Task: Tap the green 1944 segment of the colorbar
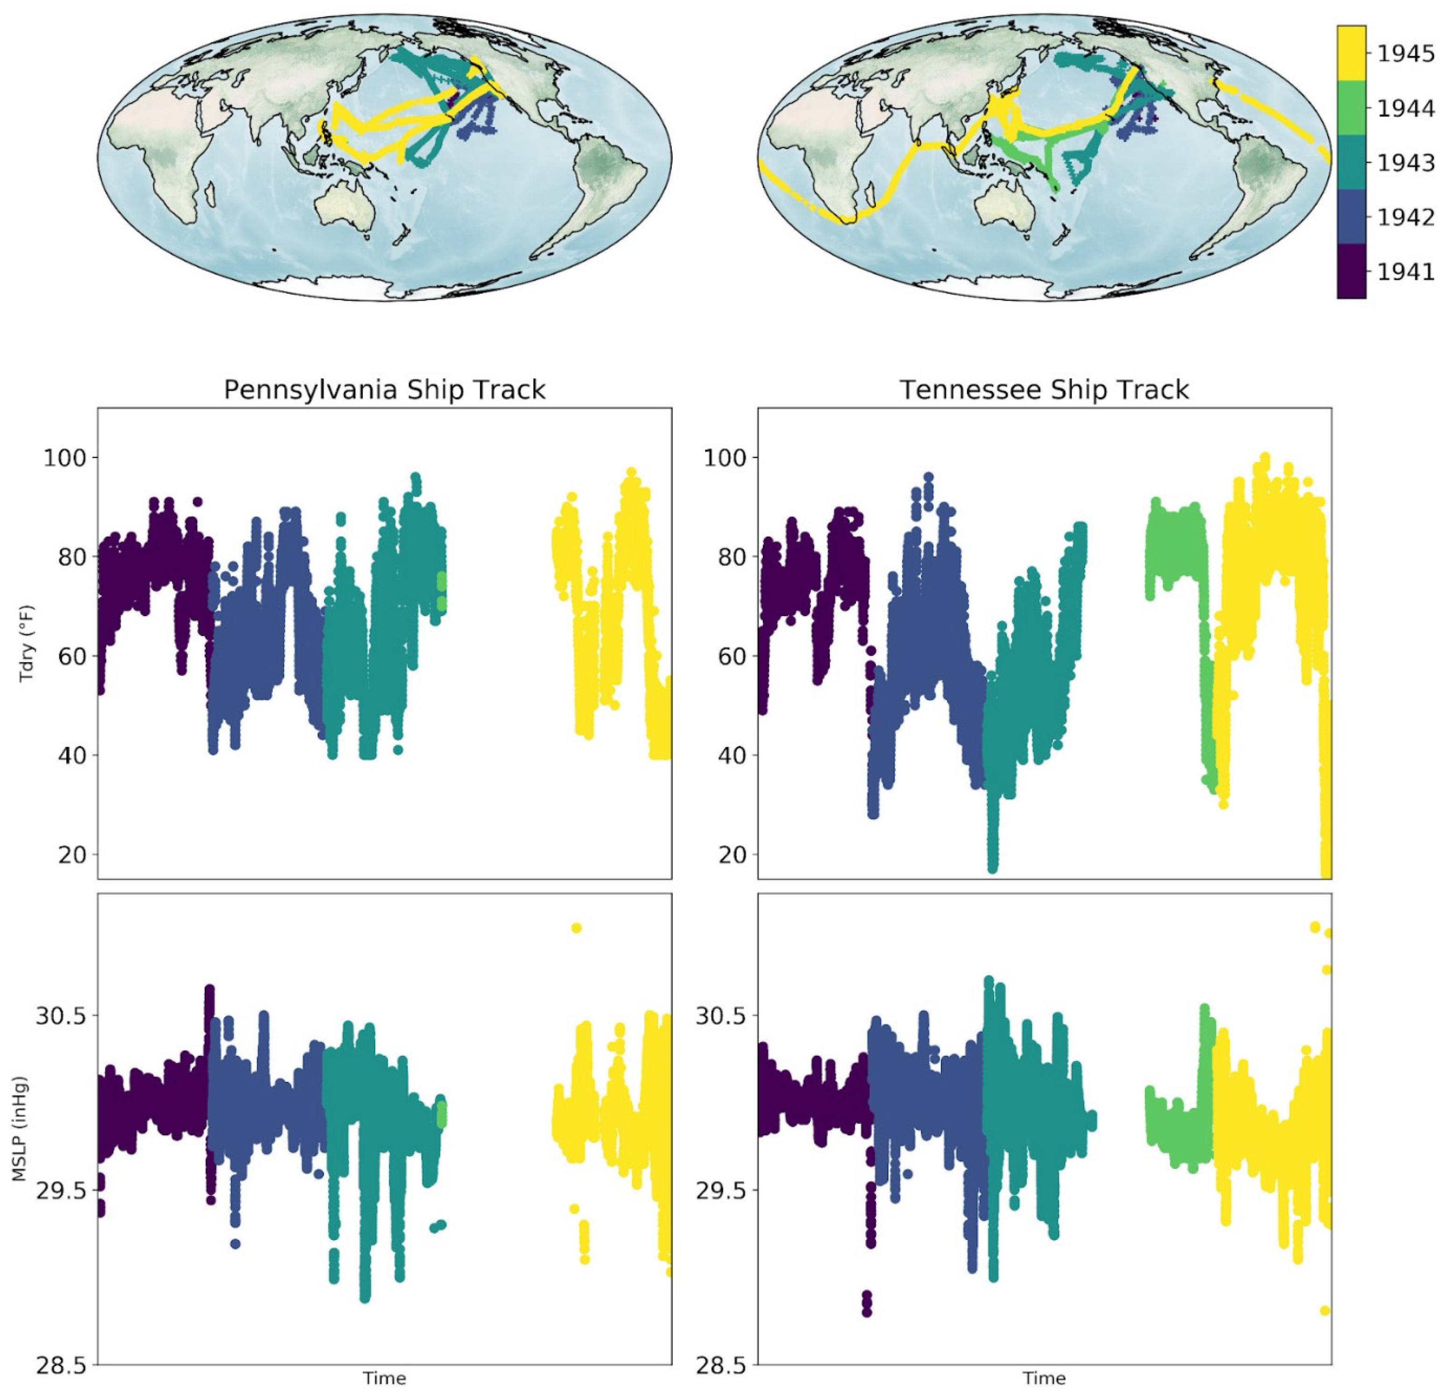pyautogui.click(x=1351, y=108)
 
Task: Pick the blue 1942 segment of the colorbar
pyautogui.click(x=1351, y=217)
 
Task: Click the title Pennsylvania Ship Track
pyautogui.click(x=384, y=389)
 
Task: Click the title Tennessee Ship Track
pyautogui.click(x=1044, y=389)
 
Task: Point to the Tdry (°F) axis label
pyautogui.click(x=27, y=644)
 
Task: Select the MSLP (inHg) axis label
pyautogui.click(x=20, y=1129)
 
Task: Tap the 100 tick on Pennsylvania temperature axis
pyautogui.click(x=64, y=458)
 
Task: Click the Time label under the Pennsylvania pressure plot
pyautogui.click(x=384, y=1378)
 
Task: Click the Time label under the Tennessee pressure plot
pyautogui.click(x=1044, y=1378)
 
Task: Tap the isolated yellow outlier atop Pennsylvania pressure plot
pyautogui.click(x=576, y=928)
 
